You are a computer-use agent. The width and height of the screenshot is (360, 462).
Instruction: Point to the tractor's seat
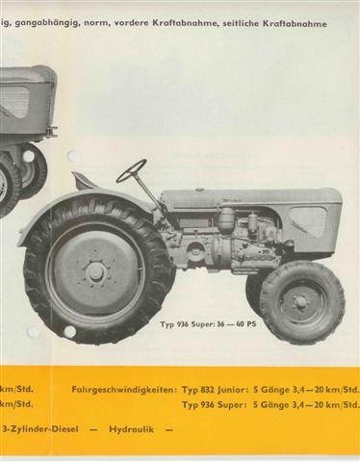(x=87, y=182)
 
